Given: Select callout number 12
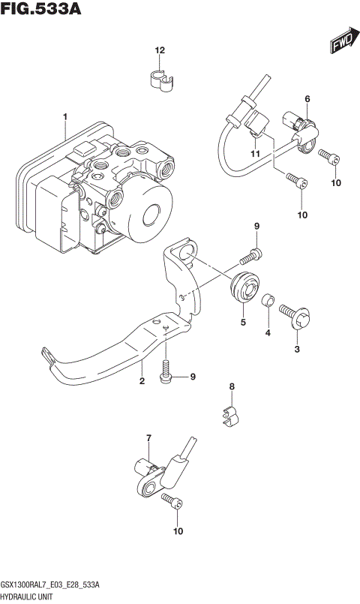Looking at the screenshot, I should click(x=159, y=50).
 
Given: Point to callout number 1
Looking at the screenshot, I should click(x=65, y=116).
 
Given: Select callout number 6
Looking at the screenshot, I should click(x=307, y=99).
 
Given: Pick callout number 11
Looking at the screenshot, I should click(x=255, y=154).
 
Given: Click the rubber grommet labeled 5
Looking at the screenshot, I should click(x=244, y=290).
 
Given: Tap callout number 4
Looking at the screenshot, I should click(x=266, y=334).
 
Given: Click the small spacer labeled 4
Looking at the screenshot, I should click(x=267, y=302).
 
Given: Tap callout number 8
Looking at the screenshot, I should click(x=232, y=387).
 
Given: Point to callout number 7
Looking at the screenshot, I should click(x=148, y=437).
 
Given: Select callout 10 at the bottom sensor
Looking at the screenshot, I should click(x=177, y=532).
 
